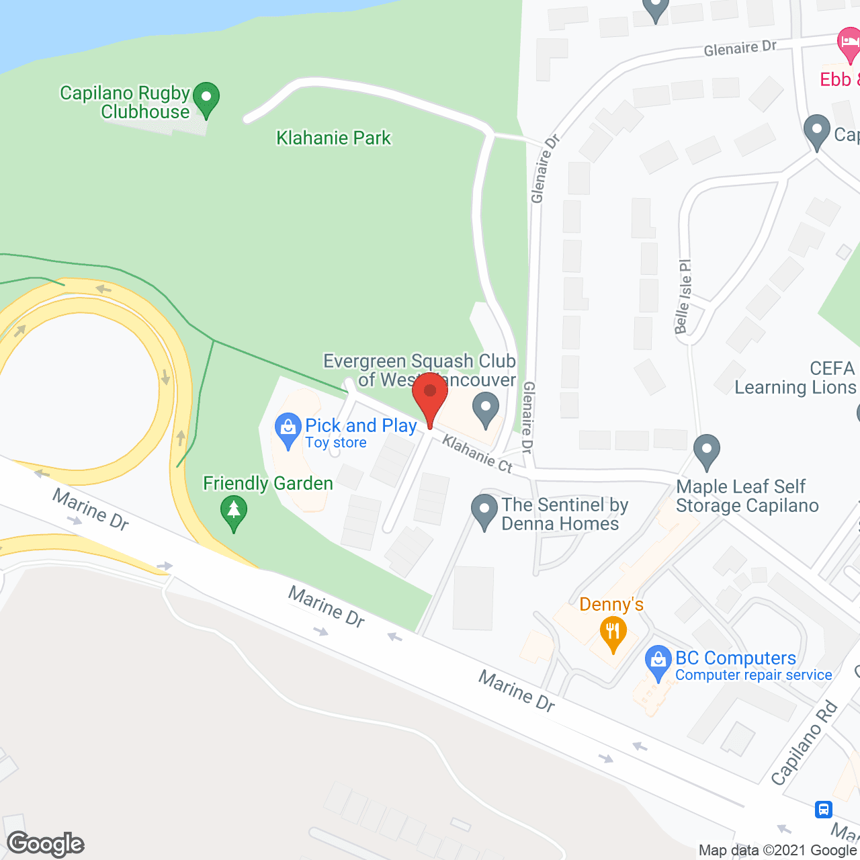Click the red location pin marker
pos(430,396)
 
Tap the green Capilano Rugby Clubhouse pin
pos(206,99)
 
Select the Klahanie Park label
pos(333,138)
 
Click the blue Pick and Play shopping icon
pos(288,429)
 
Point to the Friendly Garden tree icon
pos(234,512)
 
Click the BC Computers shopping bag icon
pos(658,662)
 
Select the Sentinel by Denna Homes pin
pos(484,511)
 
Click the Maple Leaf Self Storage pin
pos(706,451)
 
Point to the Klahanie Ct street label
pos(477,454)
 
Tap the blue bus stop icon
pos(824,809)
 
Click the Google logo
pos(46,844)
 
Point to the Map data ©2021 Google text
pos(778,851)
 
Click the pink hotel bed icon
pos(849,44)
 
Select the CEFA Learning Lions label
pos(795,378)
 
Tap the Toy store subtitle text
pos(336,443)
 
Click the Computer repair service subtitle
pos(754,675)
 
